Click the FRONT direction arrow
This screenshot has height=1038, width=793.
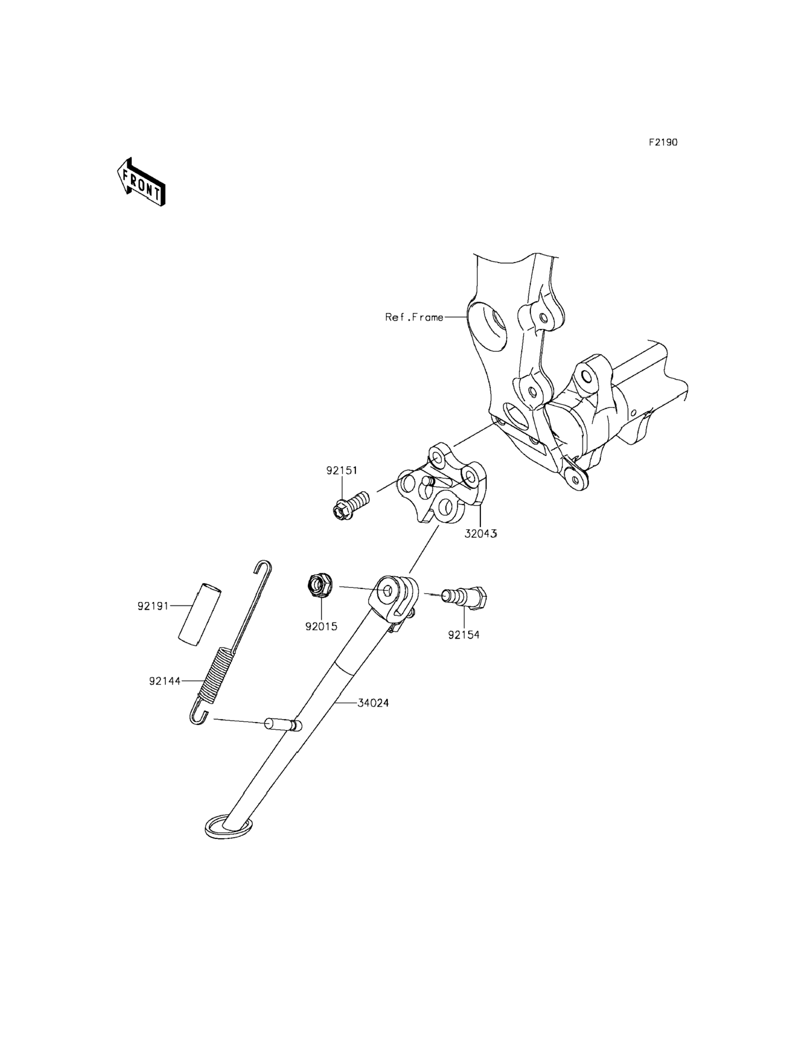coord(141,183)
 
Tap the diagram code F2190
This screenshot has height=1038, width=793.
coord(662,142)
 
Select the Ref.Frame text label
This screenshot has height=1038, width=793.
coord(414,317)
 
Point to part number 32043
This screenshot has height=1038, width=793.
coord(480,534)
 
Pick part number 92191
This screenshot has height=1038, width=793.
coord(153,606)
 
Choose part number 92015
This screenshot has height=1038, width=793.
coord(321,626)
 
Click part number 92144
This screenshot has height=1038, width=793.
coord(165,681)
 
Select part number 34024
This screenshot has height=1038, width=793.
coord(373,716)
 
